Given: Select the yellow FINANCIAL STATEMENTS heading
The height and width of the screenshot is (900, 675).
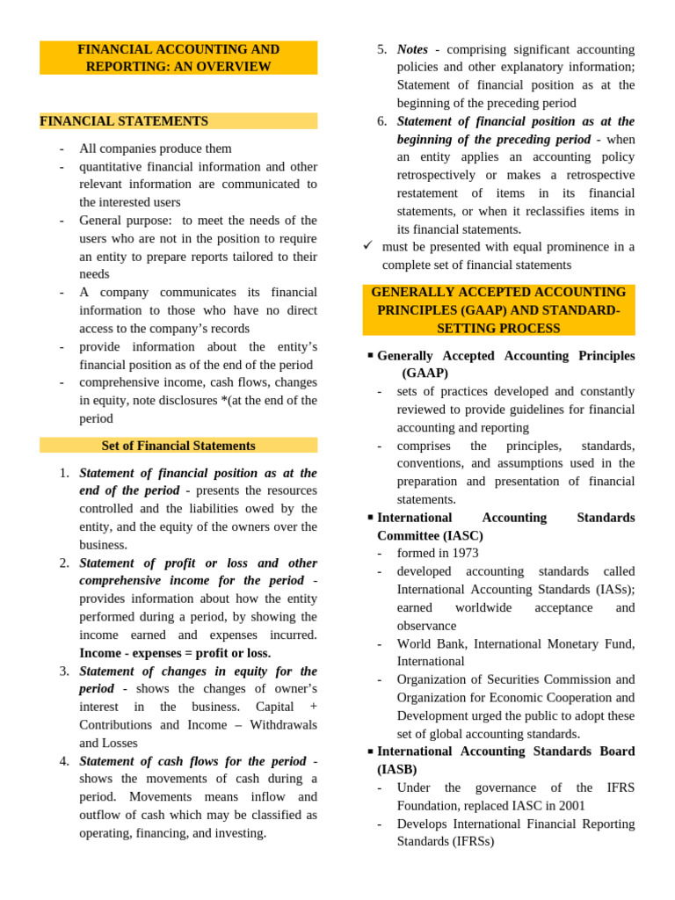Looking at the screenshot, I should [124, 121].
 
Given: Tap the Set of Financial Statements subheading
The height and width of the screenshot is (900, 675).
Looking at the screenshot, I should [178, 446].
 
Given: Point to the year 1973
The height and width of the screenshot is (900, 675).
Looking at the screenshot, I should [463, 553].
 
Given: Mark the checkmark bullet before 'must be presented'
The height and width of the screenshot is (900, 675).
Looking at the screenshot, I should [368, 246].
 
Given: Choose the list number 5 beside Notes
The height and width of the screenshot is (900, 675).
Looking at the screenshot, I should [381, 49].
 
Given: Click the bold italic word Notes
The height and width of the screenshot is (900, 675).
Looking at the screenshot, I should [412, 49].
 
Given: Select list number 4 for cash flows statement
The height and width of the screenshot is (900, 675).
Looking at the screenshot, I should [64, 761].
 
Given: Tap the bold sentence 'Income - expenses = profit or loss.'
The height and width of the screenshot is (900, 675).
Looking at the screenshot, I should [175, 653].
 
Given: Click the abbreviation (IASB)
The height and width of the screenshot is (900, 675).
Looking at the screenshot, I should [397, 770].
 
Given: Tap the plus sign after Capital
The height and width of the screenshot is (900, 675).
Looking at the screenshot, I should [314, 707].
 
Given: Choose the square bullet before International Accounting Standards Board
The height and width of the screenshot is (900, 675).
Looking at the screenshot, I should [371, 751].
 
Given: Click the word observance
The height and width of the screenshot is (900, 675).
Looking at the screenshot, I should [426, 626].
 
